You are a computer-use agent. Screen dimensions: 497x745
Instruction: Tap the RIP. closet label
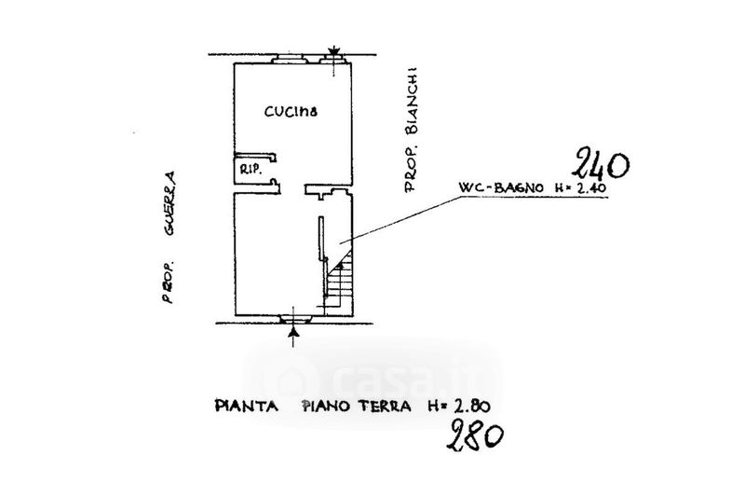250,170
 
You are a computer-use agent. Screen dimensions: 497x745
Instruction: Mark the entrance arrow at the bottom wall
294,331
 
